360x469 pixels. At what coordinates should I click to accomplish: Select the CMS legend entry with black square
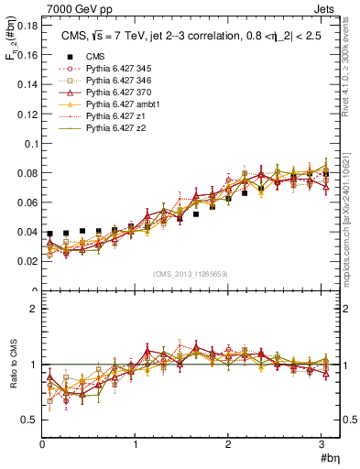[94, 56]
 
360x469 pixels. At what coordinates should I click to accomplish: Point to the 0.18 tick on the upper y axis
[27, 27]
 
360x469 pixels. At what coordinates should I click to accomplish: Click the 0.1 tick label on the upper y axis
[30, 144]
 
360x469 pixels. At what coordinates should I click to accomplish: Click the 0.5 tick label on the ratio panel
[28, 420]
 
